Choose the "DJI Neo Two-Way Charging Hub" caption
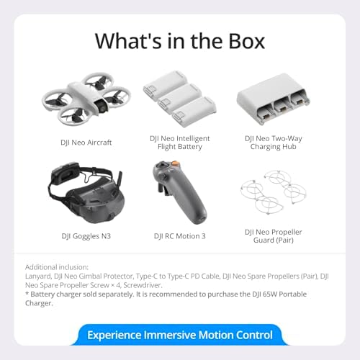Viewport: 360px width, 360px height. pyautogui.click(x=276, y=143)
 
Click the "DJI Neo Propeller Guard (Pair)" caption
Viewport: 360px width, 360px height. pyautogui.click(x=276, y=236)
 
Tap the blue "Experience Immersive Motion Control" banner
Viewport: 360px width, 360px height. pyautogui.click(x=180, y=335)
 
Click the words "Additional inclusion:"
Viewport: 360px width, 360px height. pyautogui.click(x=57, y=266)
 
